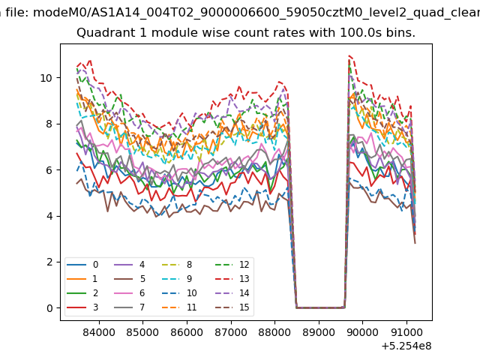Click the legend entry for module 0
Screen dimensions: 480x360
(82, 265)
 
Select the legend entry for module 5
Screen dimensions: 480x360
(130, 279)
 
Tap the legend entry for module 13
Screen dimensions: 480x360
(232, 279)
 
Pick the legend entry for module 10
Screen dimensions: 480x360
(179, 293)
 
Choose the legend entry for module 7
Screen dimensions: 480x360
(130, 307)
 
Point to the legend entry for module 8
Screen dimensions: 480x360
(177, 265)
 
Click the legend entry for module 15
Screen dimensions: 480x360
(232, 307)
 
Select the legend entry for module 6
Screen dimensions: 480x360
(130, 293)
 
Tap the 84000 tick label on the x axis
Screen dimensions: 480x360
(99, 332)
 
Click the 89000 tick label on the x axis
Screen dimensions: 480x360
(319, 332)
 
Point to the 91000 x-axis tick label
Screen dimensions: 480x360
(406, 332)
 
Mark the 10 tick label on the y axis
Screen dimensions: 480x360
(46, 78)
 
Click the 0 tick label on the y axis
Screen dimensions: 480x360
(49, 308)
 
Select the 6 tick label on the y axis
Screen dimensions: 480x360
(49, 170)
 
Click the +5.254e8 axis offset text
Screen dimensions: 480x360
(406, 346)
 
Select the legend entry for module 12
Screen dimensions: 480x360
(232, 265)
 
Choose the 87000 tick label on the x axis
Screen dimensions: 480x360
(231, 332)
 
